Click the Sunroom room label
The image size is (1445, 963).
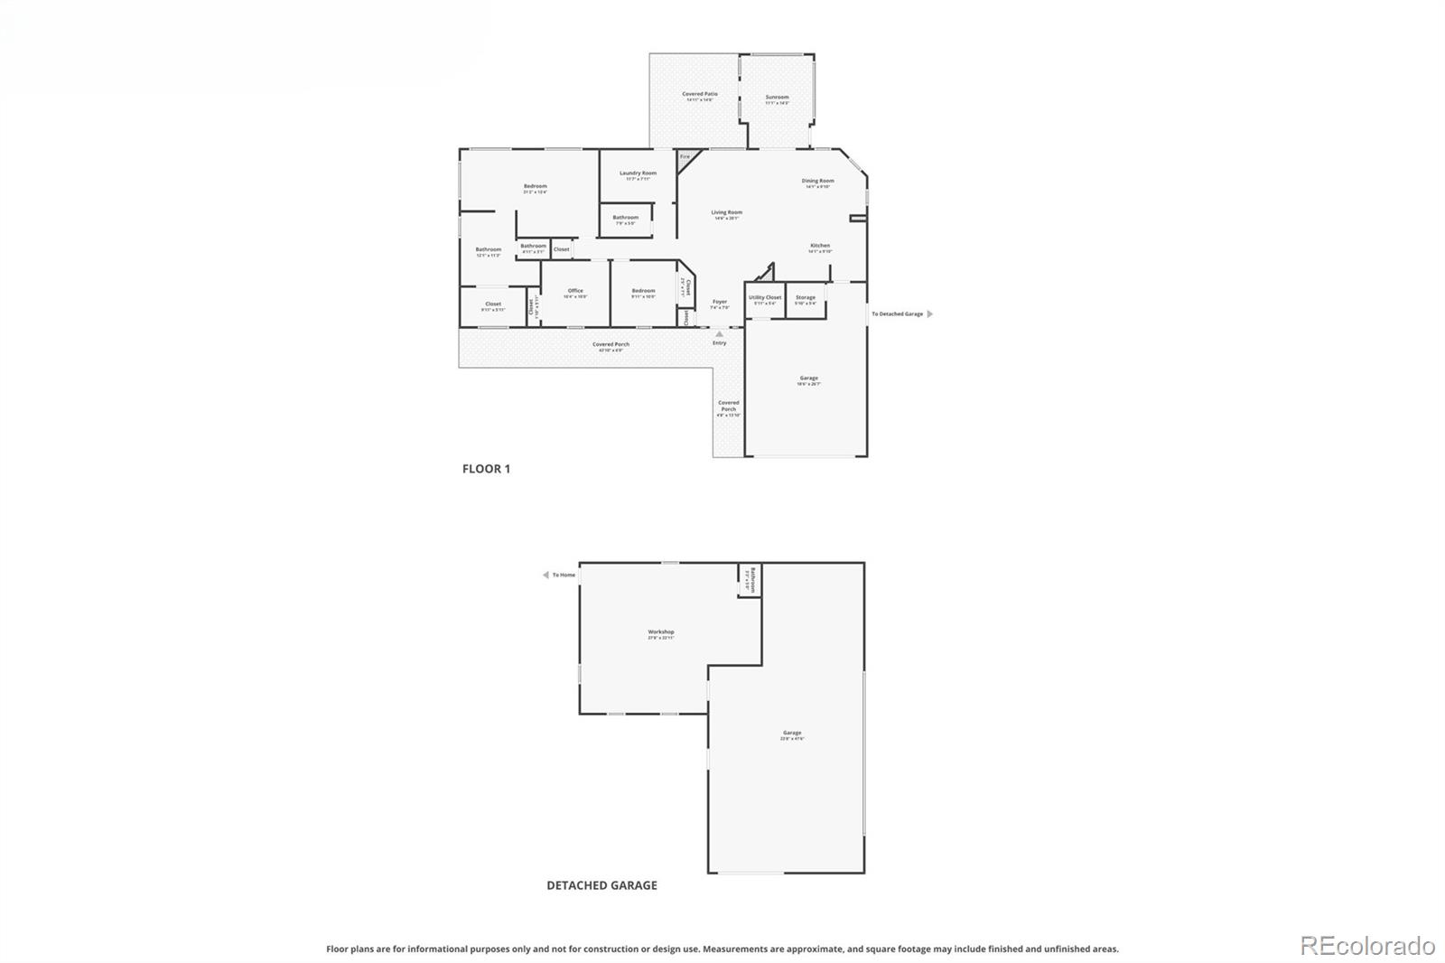click(777, 98)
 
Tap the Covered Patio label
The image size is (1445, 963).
click(700, 94)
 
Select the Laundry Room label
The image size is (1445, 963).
click(638, 173)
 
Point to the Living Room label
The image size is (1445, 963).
click(726, 213)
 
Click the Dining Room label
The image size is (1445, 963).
click(817, 181)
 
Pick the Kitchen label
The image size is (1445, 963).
click(819, 246)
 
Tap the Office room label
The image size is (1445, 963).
click(575, 291)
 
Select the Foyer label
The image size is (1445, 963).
click(720, 302)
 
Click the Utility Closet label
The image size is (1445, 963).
click(764, 297)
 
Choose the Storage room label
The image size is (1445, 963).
click(805, 297)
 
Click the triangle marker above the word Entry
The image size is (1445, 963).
click(719, 334)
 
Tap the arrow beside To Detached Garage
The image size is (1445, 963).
click(930, 314)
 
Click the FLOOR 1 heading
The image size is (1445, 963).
click(486, 469)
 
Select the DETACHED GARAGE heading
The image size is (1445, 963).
click(601, 885)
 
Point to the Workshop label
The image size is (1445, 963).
click(660, 632)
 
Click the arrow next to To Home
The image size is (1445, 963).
click(545, 575)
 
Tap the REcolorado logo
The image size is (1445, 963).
click(1366, 946)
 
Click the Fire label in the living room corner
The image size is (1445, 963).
click(685, 157)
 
